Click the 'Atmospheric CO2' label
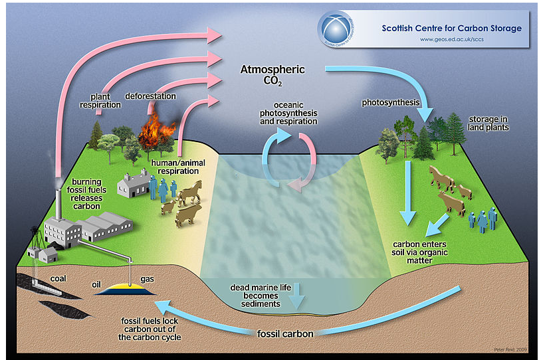(x=273, y=74)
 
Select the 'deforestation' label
(x=151, y=96)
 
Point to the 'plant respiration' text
(x=100, y=100)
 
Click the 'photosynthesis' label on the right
(x=391, y=103)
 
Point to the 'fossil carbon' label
(x=285, y=333)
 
